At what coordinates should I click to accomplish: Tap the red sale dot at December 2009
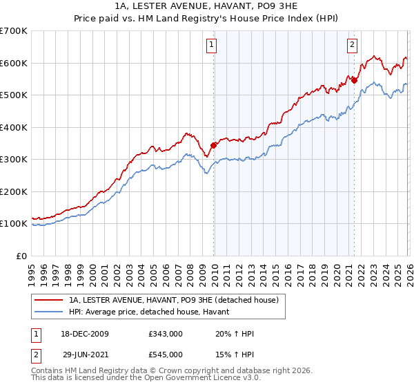coord(214,145)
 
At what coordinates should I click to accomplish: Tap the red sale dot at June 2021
coord(355,80)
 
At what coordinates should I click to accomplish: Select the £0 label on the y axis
coord(21,256)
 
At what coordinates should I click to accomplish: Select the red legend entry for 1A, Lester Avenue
coord(172,300)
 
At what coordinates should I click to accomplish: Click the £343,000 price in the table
coord(165,334)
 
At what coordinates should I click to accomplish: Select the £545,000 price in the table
coord(165,355)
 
